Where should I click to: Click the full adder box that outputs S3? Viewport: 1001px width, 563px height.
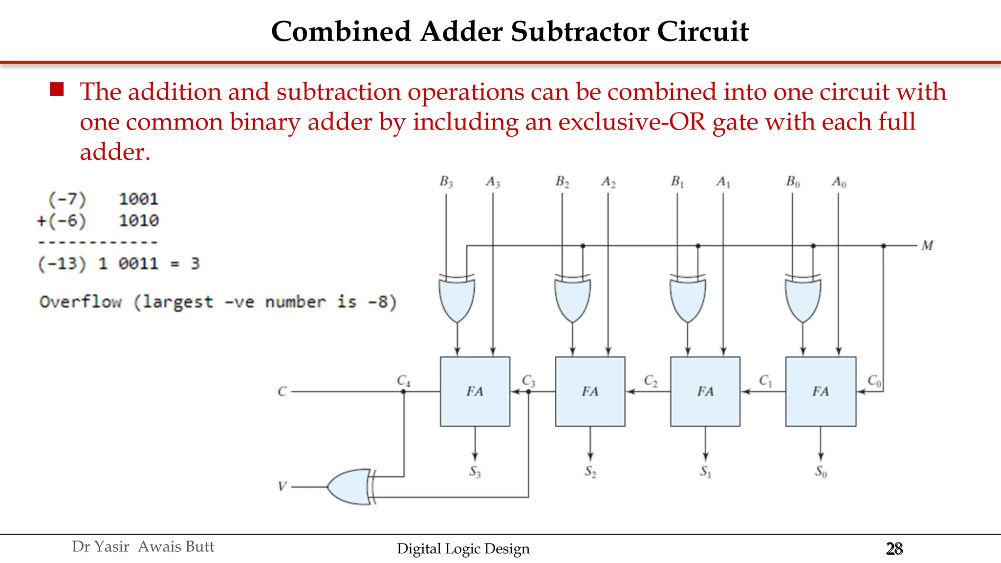[475, 391]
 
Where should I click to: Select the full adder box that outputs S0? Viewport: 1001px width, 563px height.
[821, 391]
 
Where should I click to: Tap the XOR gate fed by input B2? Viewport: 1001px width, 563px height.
[572, 299]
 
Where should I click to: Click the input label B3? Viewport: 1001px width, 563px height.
[446, 182]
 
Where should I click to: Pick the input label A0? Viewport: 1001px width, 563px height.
[839, 182]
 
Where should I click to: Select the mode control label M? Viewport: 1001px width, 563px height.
[927, 245]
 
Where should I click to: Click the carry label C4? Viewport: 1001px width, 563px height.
[403, 381]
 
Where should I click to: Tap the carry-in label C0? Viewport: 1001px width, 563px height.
[874, 381]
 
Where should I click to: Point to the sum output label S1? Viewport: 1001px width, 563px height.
[705, 471]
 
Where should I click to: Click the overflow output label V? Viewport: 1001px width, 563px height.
[282, 487]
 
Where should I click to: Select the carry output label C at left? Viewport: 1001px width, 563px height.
[282, 391]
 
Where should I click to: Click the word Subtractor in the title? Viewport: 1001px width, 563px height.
[580, 32]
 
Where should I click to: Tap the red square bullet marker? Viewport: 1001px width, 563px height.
[57, 89]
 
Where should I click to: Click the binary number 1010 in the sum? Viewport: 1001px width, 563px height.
[139, 221]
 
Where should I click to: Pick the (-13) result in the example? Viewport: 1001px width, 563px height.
[62, 264]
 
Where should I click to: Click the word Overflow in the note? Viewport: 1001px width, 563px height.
[80, 302]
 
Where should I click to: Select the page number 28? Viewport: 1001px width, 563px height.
[894, 549]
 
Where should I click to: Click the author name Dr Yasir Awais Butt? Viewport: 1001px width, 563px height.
[143, 546]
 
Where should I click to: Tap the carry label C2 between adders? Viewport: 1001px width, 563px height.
[651, 381]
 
